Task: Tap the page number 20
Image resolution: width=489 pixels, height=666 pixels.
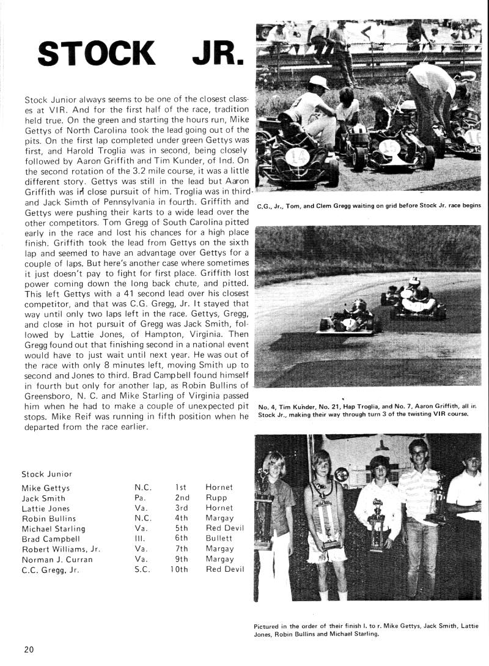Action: (29, 649)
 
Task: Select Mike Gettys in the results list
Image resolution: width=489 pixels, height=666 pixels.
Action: (46, 488)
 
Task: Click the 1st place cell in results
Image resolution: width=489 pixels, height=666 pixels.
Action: (180, 487)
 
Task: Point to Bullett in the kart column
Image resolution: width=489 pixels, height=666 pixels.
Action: (219, 539)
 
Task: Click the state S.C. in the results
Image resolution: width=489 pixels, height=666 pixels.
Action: (142, 569)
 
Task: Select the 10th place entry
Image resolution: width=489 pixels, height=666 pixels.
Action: (180, 569)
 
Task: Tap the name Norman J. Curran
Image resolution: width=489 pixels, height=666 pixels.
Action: (57, 560)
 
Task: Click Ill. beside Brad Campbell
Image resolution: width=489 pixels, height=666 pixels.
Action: (140, 539)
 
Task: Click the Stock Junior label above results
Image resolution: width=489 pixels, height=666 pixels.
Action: (46, 473)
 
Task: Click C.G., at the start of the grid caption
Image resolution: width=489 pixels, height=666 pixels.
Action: (265, 205)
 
